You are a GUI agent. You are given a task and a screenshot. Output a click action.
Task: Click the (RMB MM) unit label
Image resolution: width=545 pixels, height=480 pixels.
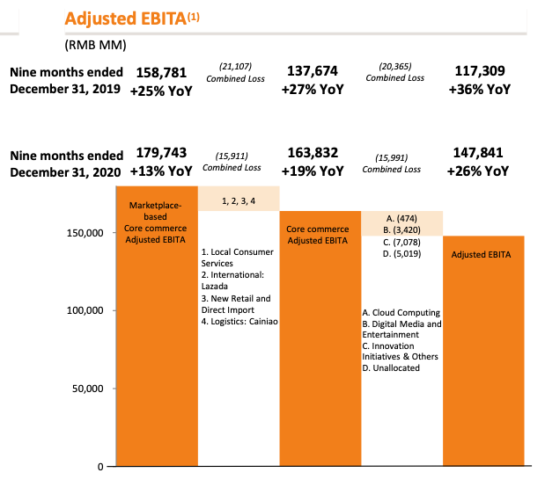97,44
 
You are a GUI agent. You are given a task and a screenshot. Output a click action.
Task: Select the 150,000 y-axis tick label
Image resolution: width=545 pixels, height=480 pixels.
85,233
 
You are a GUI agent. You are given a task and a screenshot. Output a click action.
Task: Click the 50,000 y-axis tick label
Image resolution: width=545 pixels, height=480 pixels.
87,388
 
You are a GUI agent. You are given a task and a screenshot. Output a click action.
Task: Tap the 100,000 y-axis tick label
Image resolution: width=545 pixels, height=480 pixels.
85,310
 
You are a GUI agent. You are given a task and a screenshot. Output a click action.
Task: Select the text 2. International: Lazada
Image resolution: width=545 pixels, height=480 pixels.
232,280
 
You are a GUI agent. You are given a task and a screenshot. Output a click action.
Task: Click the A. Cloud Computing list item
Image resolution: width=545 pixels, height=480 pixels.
401,313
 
